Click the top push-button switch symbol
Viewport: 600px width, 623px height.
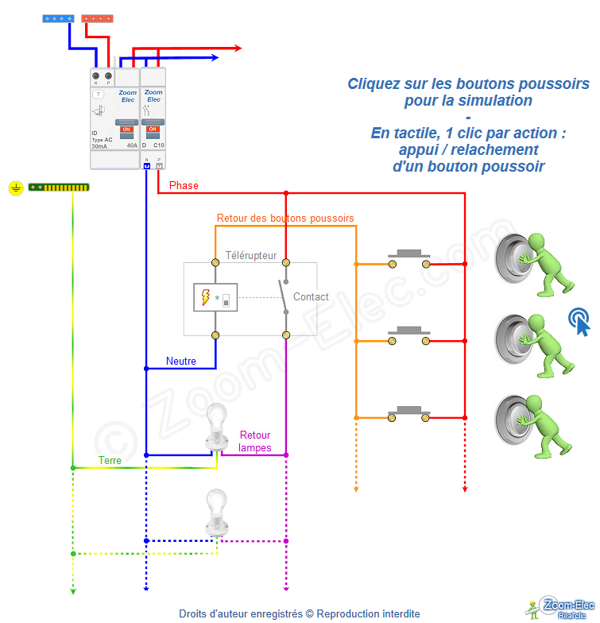[x=408, y=258]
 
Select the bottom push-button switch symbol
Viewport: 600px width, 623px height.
[x=408, y=412]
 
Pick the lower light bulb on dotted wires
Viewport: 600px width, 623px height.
[x=216, y=511]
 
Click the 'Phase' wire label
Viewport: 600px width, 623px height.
[x=184, y=185]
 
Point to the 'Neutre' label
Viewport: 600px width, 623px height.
[x=181, y=361]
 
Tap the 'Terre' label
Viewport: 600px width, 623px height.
[x=110, y=460]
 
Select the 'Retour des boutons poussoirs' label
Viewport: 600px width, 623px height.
[x=285, y=218]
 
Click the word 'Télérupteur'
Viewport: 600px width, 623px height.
[x=251, y=256]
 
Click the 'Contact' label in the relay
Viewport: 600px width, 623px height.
[x=311, y=296]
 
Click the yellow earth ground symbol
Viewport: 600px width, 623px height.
[x=15, y=188]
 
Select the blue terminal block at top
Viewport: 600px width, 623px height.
[x=59, y=17]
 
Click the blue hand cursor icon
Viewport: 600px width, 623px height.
[x=579, y=321]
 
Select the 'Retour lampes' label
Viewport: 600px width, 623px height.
[x=255, y=441]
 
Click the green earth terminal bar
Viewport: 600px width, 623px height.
[x=59, y=187]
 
